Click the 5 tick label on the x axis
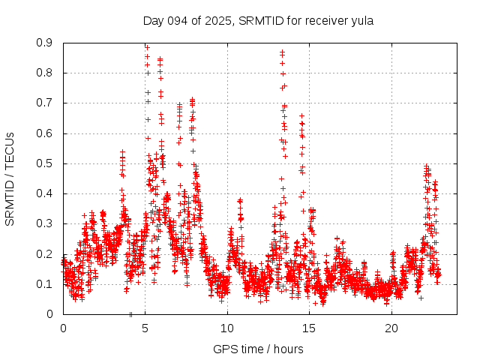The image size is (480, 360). (x=145, y=328)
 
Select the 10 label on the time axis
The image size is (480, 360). (x=227, y=328)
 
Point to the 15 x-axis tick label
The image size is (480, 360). (x=310, y=328)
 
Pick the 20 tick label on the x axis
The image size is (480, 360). (x=391, y=328)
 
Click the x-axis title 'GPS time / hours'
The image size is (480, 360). (x=258, y=349)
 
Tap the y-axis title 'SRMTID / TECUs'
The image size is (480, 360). (x=10, y=178)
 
